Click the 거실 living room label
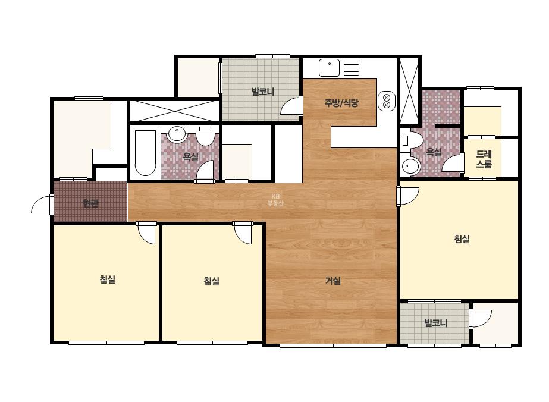333,281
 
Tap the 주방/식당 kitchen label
341,103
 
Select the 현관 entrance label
90,203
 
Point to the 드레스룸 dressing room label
484,159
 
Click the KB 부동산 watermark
275,200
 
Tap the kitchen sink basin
329,68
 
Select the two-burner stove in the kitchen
387,101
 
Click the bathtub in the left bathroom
145,153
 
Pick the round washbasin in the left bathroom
177,134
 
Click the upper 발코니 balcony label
263,92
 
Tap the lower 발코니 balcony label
436,322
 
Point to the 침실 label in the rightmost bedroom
462,239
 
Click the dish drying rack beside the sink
351,68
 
